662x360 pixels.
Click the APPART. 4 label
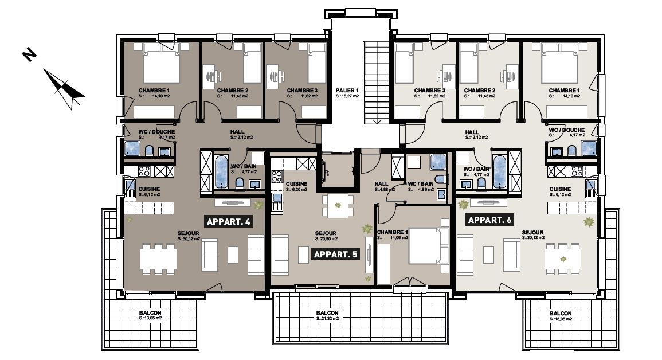(x=229, y=222)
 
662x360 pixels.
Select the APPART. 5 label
(x=336, y=254)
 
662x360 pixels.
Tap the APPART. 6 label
(x=489, y=220)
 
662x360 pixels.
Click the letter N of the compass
(x=29, y=55)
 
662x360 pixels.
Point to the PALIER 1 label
(x=347, y=91)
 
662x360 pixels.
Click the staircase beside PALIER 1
(x=377, y=83)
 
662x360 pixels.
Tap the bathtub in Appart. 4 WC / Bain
(x=221, y=172)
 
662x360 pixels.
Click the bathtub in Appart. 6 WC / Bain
(x=499, y=172)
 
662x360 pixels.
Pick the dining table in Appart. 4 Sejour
(x=158, y=259)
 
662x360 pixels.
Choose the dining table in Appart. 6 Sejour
(x=562, y=259)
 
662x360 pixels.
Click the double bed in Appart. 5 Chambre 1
(x=429, y=245)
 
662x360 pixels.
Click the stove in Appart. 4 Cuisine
(x=144, y=171)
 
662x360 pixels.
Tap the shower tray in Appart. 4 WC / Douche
(x=132, y=148)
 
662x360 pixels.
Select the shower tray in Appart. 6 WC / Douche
(x=589, y=148)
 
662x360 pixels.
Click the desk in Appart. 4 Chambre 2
(x=211, y=76)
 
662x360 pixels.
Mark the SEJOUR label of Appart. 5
(x=326, y=233)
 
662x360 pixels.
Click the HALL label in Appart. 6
(x=472, y=132)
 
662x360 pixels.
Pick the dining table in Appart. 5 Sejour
(x=338, y=206)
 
